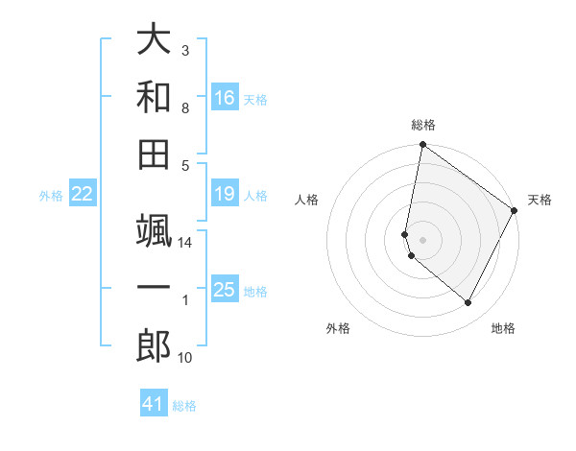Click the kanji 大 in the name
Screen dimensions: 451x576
(154, 40)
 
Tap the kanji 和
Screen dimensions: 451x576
(154, 98)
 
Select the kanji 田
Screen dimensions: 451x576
(154, 155)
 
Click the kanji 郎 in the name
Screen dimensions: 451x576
(154, 347)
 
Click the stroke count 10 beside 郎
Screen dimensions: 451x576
(186, 358)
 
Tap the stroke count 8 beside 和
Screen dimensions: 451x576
(185, 108)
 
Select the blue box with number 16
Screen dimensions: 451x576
(224, 98)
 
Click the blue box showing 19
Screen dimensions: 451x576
(224, 195)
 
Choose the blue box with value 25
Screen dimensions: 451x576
(224, 290)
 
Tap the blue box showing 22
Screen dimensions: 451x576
(82, 195)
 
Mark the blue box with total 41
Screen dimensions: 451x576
(154, 404)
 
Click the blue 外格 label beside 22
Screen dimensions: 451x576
(51, 196)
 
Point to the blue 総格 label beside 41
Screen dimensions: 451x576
(184, 406)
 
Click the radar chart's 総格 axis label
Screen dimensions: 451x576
(422, 125)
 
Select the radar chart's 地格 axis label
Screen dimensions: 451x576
(503, 329)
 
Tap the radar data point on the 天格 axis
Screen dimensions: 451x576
(515, 211)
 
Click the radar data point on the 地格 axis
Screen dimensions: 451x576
(468, 303)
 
